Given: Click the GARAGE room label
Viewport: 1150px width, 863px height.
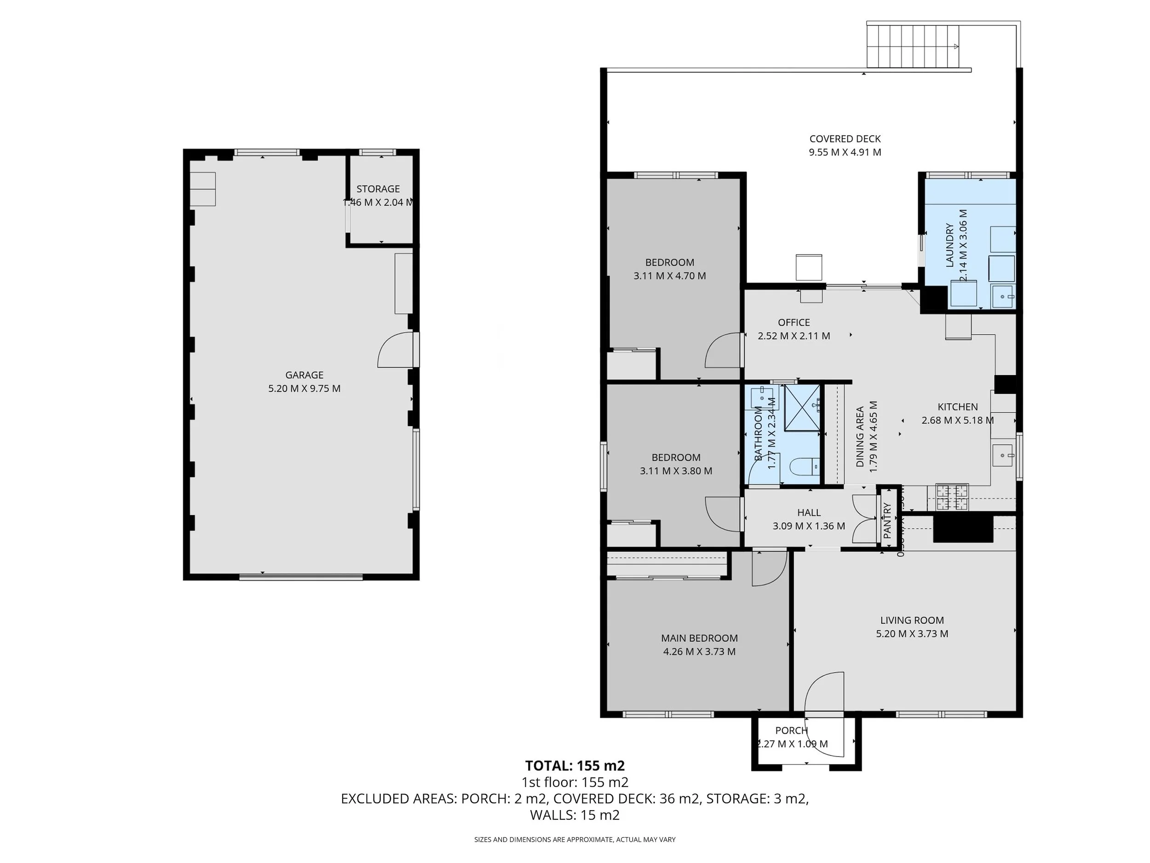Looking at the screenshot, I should (x=304, y=375).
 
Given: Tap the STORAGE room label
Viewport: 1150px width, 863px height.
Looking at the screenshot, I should (x=378, y=189).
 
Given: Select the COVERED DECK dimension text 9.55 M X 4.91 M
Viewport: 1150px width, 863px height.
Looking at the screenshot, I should (x=845, y=152).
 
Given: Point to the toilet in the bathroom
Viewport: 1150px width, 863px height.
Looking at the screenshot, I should (x=803, y=466).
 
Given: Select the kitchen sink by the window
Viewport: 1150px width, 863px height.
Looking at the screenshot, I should (x=1002, y=456).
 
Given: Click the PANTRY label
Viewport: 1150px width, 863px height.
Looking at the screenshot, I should (x=887, y=520).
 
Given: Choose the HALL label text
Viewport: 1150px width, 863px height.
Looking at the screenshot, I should (x=809, y=512).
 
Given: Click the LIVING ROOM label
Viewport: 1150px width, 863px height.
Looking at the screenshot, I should (x=912, y=620).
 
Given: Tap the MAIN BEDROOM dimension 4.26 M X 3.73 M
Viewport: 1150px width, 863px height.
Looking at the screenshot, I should (x=699, y=651).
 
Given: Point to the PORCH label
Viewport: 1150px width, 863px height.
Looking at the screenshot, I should (x=791, y=730).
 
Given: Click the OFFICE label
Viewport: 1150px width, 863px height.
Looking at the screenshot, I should (x=794, y=323).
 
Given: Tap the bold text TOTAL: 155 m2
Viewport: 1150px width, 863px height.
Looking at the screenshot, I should (x=575, y=766).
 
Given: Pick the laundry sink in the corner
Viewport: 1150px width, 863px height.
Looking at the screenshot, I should (x=1003, y=297).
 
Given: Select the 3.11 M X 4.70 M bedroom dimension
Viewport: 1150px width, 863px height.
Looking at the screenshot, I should (x=670, y=276).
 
